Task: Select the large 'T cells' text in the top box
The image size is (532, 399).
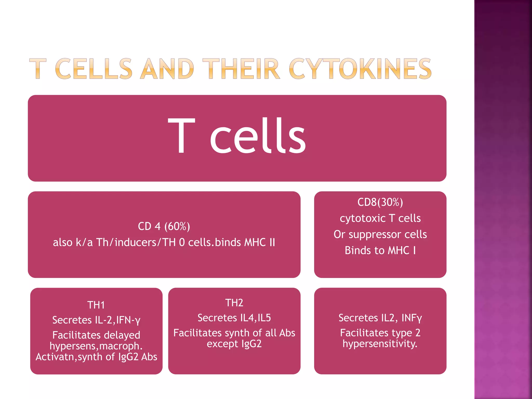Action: [x=237, y=136]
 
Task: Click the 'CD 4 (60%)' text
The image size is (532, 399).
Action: [x=164, y=226]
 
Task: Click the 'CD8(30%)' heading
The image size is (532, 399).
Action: [x=380, y=202]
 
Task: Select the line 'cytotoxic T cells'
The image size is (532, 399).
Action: [x=380, y=218]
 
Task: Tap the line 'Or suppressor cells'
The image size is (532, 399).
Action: [x=380, y=234]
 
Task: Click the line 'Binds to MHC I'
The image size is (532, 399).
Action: [x=380, y=250]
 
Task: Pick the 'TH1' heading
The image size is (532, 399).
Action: [x=96, y=305]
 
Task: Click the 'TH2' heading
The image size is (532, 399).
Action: [x=234, y=303]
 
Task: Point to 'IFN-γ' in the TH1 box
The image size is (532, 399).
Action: [x=128, y=320]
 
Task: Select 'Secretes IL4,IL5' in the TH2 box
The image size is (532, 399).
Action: [x=234, y=318]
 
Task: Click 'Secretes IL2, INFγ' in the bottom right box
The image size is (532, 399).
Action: [x=380, y=318]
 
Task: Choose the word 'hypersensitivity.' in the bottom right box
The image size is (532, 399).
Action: [x=380, y=344]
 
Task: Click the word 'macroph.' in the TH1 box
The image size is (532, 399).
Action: [x=121, y=346]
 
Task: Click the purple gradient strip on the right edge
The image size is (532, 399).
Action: [x=503, y=199]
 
